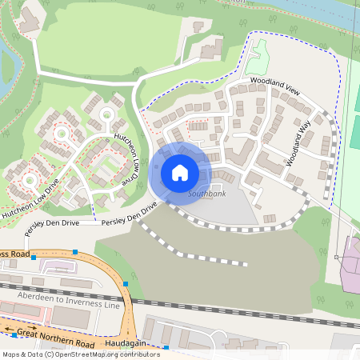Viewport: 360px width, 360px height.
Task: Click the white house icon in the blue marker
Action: (x=180, y=173)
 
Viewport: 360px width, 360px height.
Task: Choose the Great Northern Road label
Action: (x=55, y=337)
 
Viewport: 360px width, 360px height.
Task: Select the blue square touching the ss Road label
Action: (x=74, y=252)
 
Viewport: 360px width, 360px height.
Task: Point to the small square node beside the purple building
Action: (x=337, y=257)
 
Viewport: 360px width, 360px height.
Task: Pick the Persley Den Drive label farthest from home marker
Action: (x=53, y=222)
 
